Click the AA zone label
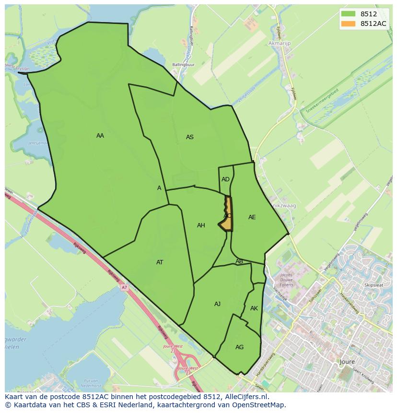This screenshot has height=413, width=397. tap(100, 136)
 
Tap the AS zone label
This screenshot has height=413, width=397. tap(190, 137)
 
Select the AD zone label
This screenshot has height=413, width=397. tap(225, 179)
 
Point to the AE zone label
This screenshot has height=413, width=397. tap(252, 217)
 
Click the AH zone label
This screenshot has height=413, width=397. tap(201, 225)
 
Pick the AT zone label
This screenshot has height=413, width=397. tap(160, 262)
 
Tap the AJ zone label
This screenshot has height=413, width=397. tap(217, 304)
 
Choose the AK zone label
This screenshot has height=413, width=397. tap(254, 308)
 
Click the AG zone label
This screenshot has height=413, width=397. tap(239, 347)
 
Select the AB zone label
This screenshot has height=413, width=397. tap(239, 261)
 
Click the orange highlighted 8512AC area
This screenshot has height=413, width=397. tap(228, 216)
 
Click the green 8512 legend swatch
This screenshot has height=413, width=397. tap(348, 14)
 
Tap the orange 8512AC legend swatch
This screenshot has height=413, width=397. tap(348, 24)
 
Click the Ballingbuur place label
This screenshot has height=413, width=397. tap(184, 64)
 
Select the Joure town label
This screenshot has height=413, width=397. tap(347, 362)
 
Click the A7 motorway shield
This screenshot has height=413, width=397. tap(124, 287)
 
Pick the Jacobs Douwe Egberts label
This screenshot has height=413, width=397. tap(286, 283)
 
